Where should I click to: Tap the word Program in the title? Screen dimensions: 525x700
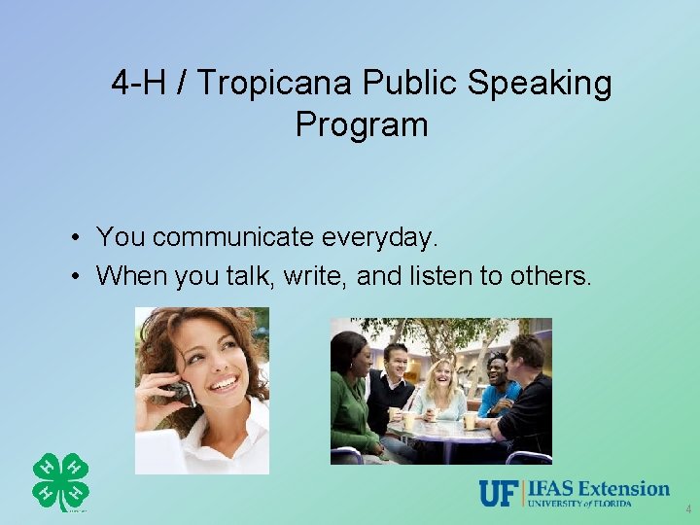[x=362, y=124]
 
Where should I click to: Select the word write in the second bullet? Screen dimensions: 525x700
[x=314, y=276]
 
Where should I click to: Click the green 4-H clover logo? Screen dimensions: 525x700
[x=60, y=480]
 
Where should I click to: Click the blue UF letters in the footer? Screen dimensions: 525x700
[x=498, y=494]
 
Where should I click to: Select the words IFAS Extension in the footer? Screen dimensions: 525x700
[x=600, y=488]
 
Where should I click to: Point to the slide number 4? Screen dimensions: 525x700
[x=688, y=508]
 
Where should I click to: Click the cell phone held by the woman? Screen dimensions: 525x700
[x=181, y=390]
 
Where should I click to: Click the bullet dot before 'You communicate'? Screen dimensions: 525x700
[x=75, y=237]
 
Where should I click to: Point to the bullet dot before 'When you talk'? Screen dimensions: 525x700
[x=75, y=277]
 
